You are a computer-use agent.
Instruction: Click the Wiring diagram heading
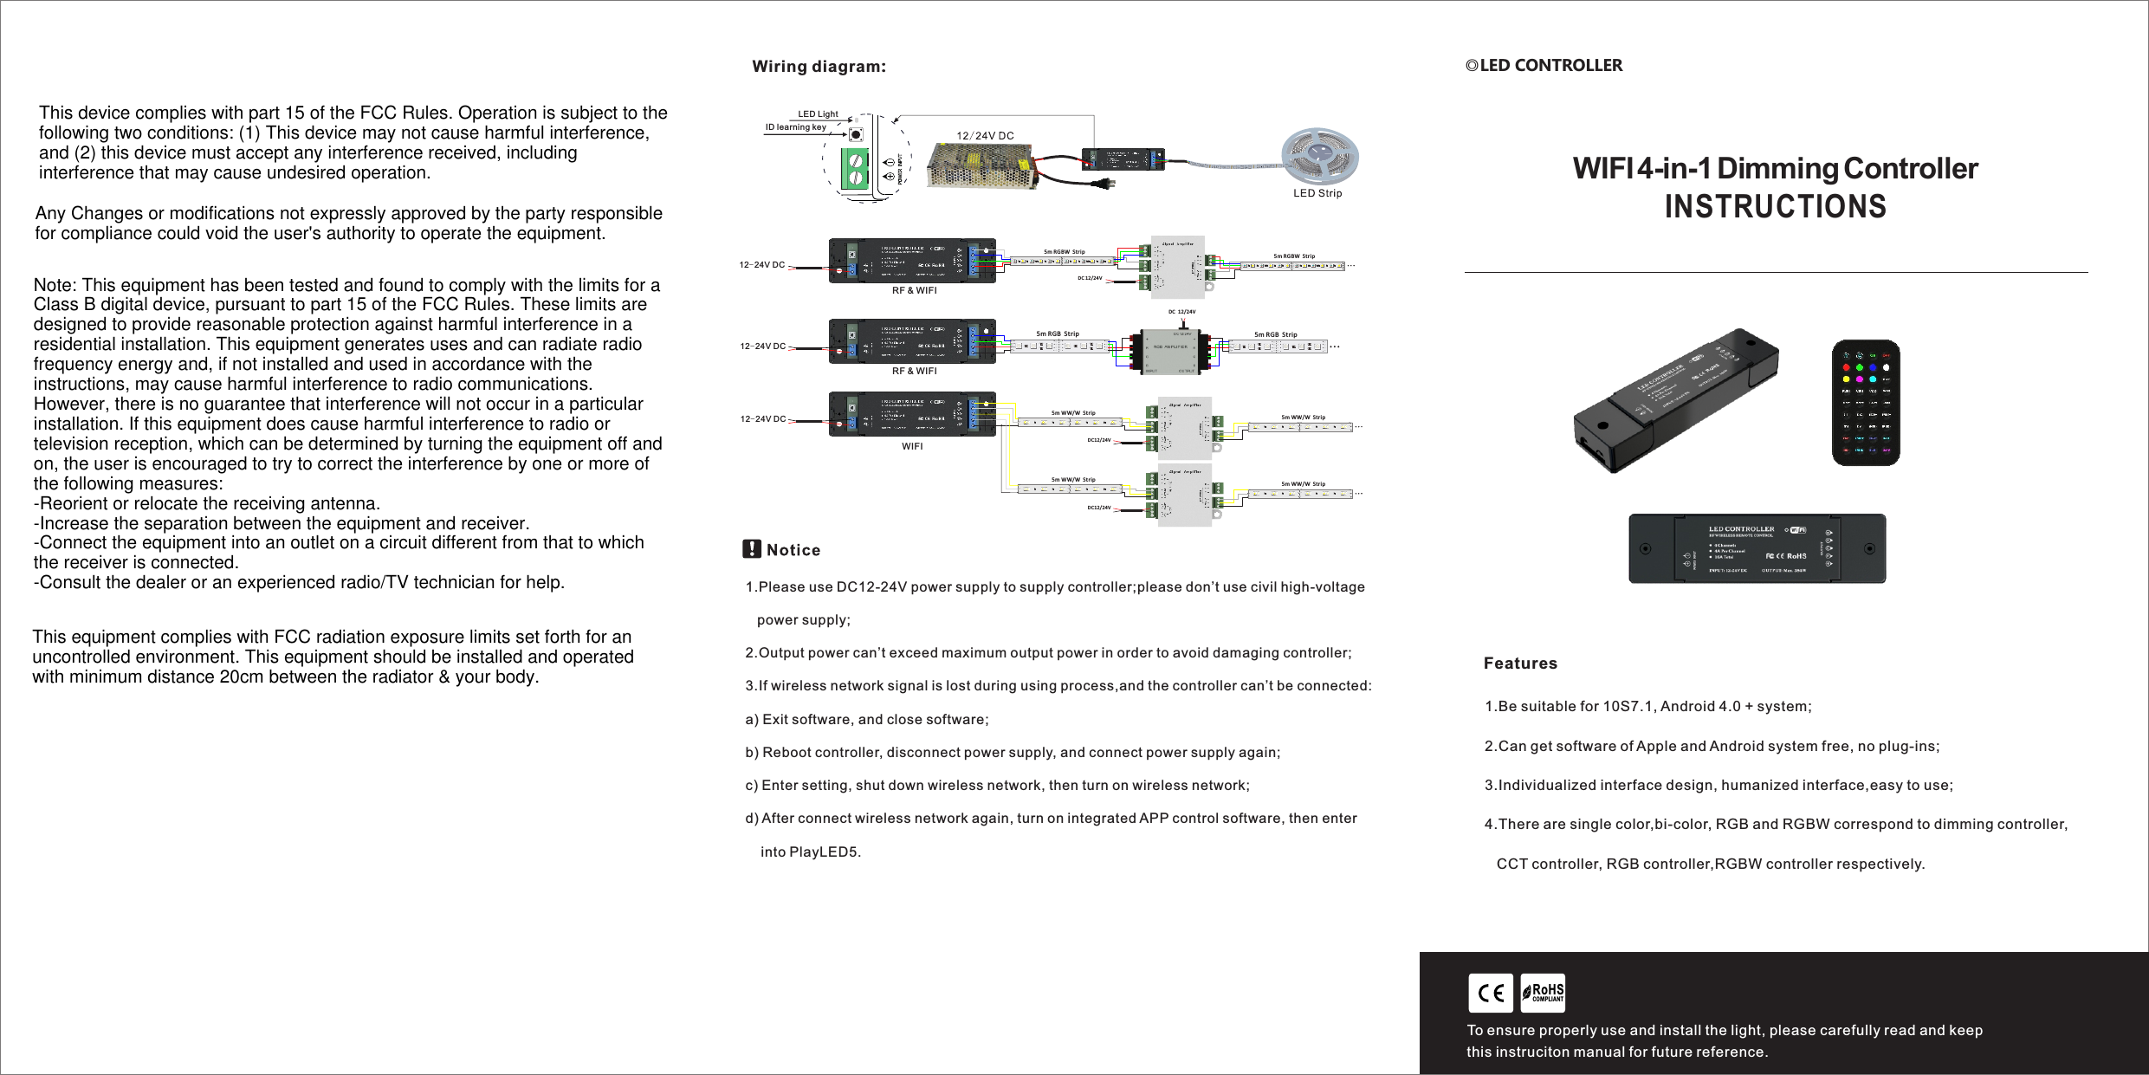click(819, 67)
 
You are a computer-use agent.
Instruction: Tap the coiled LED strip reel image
click(1319, 156)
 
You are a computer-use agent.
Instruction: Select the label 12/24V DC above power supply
click(985, 136)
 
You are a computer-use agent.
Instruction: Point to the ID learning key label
click(795, 127)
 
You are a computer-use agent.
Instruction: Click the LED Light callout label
click(818, 114)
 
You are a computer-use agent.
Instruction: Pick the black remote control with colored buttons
click(1865, 403)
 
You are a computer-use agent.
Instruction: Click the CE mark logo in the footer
click(1490, 993)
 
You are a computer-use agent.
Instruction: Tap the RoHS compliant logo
click(1543, 993)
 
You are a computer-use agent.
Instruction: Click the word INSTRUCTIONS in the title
click(1775, 207)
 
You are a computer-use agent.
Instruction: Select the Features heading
click(1520, 664)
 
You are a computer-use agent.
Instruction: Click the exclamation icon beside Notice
click(752, 549)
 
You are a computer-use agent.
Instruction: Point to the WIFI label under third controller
click(912, 447)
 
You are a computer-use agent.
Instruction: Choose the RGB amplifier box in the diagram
click(1168, 350)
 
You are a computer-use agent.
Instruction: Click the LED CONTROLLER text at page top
click(1550, 66)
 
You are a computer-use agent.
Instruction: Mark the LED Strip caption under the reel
click(1317, 193)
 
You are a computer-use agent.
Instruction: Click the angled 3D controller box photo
click(1675, 400)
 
